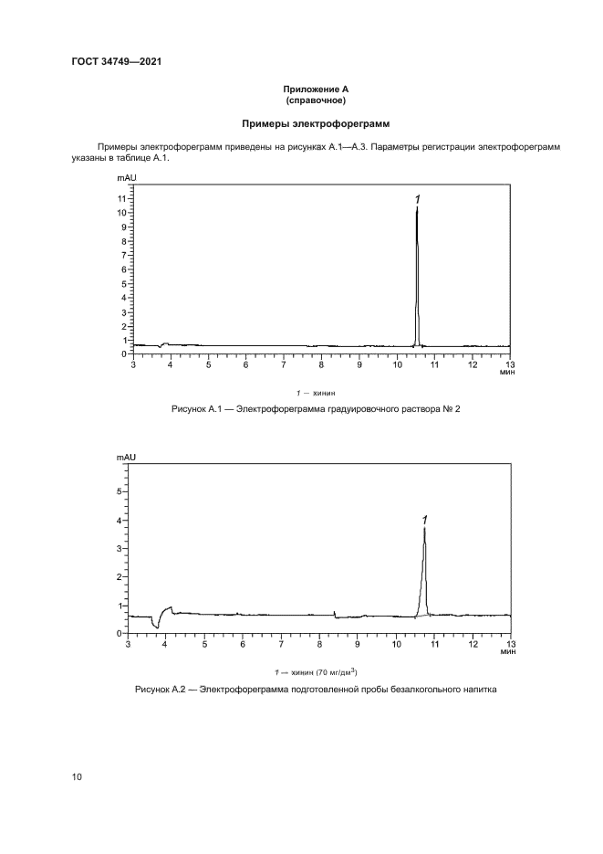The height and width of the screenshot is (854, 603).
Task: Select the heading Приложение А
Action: tap(315, 90)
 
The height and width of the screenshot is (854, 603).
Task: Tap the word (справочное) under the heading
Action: tap(315, 100)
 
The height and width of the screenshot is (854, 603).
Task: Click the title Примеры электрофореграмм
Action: tap(315, 122)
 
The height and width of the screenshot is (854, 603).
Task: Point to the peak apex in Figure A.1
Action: tap(417, 209)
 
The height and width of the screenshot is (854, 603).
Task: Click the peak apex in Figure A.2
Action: tap(424, 528)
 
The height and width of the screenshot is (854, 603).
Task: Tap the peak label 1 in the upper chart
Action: tap(417, 199)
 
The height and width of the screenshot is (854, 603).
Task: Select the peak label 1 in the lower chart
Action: tap(424, 519)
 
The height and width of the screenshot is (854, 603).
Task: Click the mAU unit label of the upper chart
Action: tap(126, 184)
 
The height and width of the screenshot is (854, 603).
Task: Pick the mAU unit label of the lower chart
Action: tap(126, 456)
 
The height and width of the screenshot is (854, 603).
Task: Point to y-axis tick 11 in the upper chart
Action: tap(121, 197)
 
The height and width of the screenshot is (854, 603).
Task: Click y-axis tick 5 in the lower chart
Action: tap(118, 491)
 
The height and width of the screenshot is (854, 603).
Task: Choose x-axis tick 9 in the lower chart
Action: tap(358, 646)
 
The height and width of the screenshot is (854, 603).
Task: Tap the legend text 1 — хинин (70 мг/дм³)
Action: tap(316, 671)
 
